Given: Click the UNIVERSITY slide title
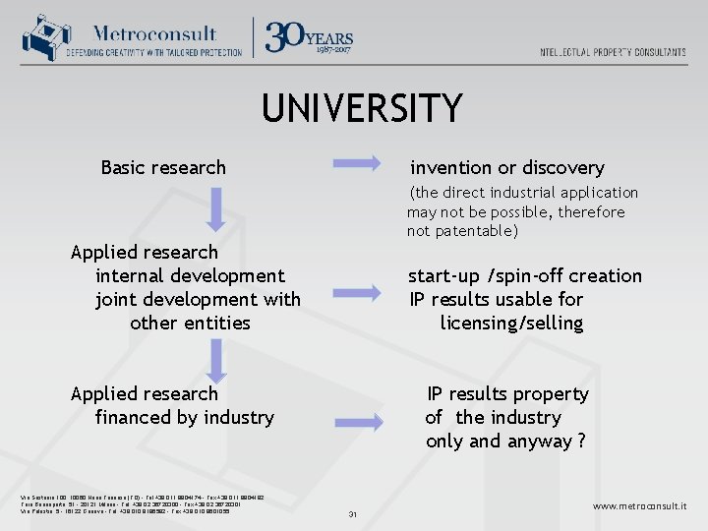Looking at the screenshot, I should coord(361,108).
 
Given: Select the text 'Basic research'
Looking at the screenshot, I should coord(163,168).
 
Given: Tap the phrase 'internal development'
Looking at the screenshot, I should coord(190,276).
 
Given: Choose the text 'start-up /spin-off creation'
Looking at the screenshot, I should coord(525,276).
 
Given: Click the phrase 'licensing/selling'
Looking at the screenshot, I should coord(511,324).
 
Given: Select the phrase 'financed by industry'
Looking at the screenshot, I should coord(185,418).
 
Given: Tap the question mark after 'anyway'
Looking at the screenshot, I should coord(581,442).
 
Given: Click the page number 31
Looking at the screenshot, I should coord(352,513).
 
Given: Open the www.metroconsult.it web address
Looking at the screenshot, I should coord(639,505).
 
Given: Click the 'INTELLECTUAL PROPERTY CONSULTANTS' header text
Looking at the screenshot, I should coord(613,52).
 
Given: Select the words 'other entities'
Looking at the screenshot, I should coord(190,324).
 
